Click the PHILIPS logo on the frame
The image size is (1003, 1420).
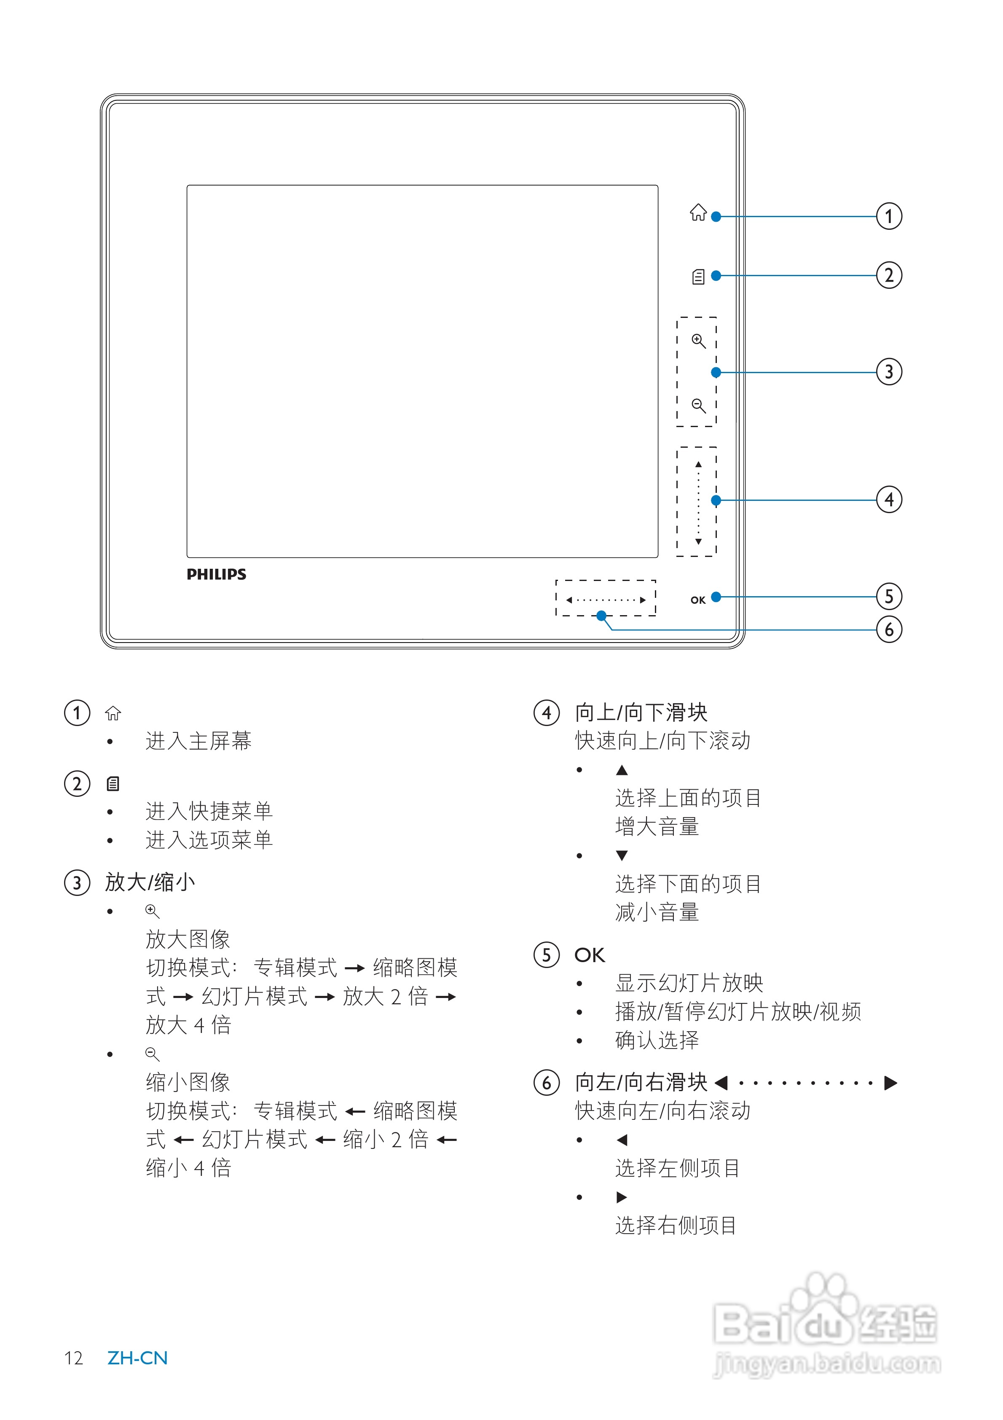(x=217, y=575)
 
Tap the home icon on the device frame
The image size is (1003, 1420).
(x=698, y=212)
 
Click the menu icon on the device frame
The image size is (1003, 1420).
(x=698, y=277)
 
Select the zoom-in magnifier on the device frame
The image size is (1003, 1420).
(x=699, y=341)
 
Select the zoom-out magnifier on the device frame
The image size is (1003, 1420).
(x=699, y=406)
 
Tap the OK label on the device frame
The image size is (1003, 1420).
(x=698, y=600)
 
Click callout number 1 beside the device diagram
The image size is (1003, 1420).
(x=889, y=216)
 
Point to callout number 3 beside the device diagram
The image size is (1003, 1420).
(x=889, y=372)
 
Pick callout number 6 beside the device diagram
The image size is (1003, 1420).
(x=889, y=629)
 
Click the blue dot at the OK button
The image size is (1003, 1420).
(x=716, y=597)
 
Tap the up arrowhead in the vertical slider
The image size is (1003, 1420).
(x=698, y=464)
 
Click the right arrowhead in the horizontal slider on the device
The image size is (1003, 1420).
(x=643, y=600)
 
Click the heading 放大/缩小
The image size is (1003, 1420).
(x=150, y=882)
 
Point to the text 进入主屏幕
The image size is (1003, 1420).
(x=198, y=740)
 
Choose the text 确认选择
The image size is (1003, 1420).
(x=657, y=1040)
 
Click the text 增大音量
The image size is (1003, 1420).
(x=657, y=826)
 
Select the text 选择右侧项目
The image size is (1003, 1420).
(x=676, y=1225)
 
